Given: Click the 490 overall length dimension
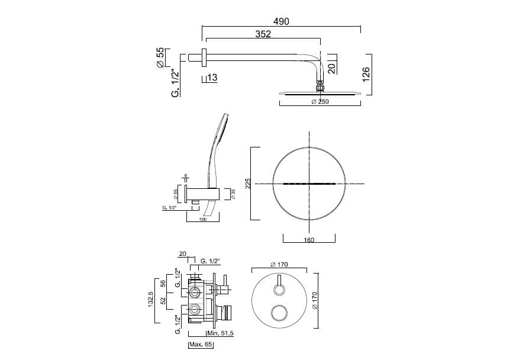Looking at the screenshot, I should point(281,21).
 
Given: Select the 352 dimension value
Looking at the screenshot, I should point(263,34).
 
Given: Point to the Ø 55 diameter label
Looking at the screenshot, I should point(160,58).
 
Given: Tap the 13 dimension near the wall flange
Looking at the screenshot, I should point(212,78).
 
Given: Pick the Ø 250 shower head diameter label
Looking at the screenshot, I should point(320,101).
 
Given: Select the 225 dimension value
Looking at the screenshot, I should point(249,184).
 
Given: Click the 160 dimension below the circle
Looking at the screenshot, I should point(309,240).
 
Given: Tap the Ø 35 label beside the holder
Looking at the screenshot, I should point(233,194).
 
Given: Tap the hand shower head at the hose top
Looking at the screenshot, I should point(223,127).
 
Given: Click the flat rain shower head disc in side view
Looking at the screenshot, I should point(320,92).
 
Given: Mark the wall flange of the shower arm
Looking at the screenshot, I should point(204,58).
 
